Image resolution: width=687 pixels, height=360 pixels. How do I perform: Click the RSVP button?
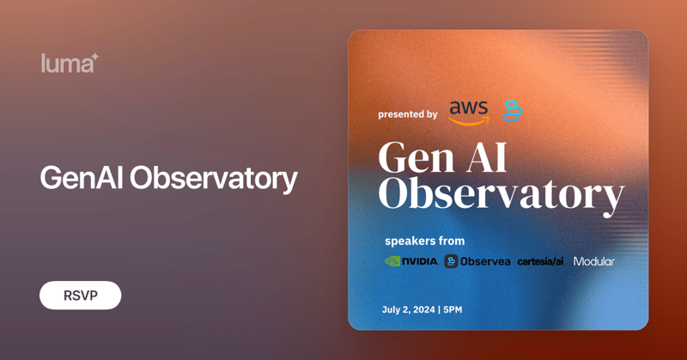pos(80,296)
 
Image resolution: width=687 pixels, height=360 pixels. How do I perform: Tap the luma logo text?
pos(65,64)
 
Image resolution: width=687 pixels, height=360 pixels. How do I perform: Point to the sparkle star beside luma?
pos(95,57)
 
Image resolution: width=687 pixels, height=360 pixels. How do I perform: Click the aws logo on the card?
pos(468,112)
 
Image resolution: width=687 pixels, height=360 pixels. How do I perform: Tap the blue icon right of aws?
pos(513,111)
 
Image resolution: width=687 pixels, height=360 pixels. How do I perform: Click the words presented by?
pos(408,114)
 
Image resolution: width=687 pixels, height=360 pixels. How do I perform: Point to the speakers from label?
pos(424,241)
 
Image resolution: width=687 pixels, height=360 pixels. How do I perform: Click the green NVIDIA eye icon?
pos(392,261)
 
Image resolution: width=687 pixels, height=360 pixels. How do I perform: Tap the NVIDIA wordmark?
pos(420,261)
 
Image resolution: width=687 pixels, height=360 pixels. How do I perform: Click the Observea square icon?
pos(451,261)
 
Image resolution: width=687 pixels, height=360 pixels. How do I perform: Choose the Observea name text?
pos(485,261)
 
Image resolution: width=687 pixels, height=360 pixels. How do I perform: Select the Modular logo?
pos(594,261)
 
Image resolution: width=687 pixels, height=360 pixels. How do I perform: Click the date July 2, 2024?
pos(408,309)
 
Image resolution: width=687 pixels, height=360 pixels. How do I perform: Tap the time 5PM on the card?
pos(452,309)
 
